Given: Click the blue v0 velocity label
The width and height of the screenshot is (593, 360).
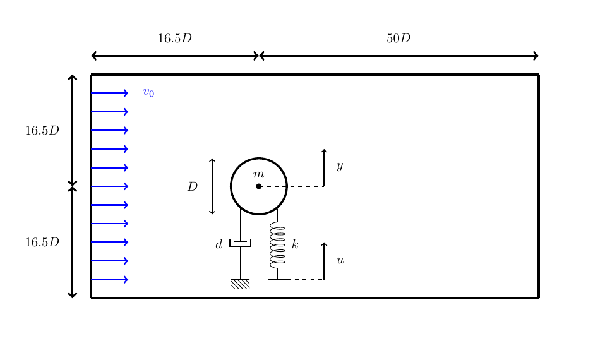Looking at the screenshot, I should point(148,93).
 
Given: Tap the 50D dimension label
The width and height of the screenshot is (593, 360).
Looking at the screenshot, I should point(398,39).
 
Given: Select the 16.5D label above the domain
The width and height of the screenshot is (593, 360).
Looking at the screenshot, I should point(174,39).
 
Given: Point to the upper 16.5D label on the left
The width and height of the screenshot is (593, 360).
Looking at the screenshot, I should point(42,131).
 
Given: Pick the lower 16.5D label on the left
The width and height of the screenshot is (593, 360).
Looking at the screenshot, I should point(42,243).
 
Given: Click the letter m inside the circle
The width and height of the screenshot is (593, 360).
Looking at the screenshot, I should point(258,174).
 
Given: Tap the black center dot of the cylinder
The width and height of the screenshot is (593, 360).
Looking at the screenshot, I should point(259,186).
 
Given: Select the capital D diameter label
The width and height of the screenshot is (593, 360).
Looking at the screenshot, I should point(193,187).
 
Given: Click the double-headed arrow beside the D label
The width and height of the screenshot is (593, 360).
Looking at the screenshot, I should point(212,186).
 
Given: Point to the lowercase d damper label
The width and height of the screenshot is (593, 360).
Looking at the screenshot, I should point(219,244).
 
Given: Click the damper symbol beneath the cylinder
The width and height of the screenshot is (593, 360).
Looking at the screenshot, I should point(240,243).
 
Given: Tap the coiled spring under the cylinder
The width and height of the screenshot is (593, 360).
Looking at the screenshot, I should point(277,244).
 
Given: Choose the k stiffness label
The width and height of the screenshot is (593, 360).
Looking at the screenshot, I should point(295,244).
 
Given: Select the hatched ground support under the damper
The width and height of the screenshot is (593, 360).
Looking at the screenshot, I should point(240,284).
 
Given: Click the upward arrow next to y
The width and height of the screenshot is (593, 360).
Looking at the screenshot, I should point(324,168).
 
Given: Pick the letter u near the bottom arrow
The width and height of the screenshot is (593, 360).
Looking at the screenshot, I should point(340,260).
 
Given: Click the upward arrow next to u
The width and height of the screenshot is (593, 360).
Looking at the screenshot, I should point(324,260).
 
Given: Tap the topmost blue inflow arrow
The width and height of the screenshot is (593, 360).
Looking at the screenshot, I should point(110,93).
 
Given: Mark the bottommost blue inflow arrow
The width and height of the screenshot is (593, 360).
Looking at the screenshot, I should point(110,279).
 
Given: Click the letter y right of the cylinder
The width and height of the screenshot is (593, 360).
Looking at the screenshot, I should point(340,166).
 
